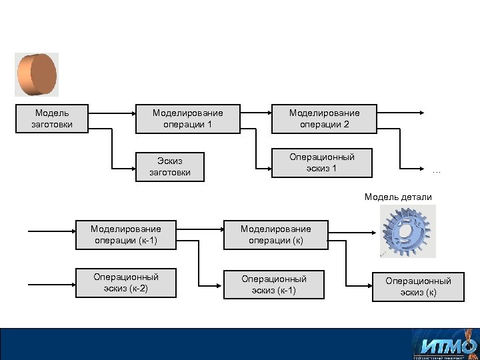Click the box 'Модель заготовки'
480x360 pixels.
point(52,119)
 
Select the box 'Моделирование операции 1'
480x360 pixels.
point(187,119)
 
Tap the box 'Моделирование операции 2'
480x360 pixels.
point(323,119)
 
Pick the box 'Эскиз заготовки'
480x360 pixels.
point(169,166)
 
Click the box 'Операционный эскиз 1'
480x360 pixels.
point(321,163)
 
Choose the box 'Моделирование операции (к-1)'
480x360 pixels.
point(125,235)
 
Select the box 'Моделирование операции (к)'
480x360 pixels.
point(275,235)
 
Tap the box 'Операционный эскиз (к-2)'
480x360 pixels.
point(125,282)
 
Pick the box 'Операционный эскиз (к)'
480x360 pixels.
point(418,287)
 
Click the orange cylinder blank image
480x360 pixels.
point(37,75)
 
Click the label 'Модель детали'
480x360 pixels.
point(398,197)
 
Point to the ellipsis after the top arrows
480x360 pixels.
point(436,171)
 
